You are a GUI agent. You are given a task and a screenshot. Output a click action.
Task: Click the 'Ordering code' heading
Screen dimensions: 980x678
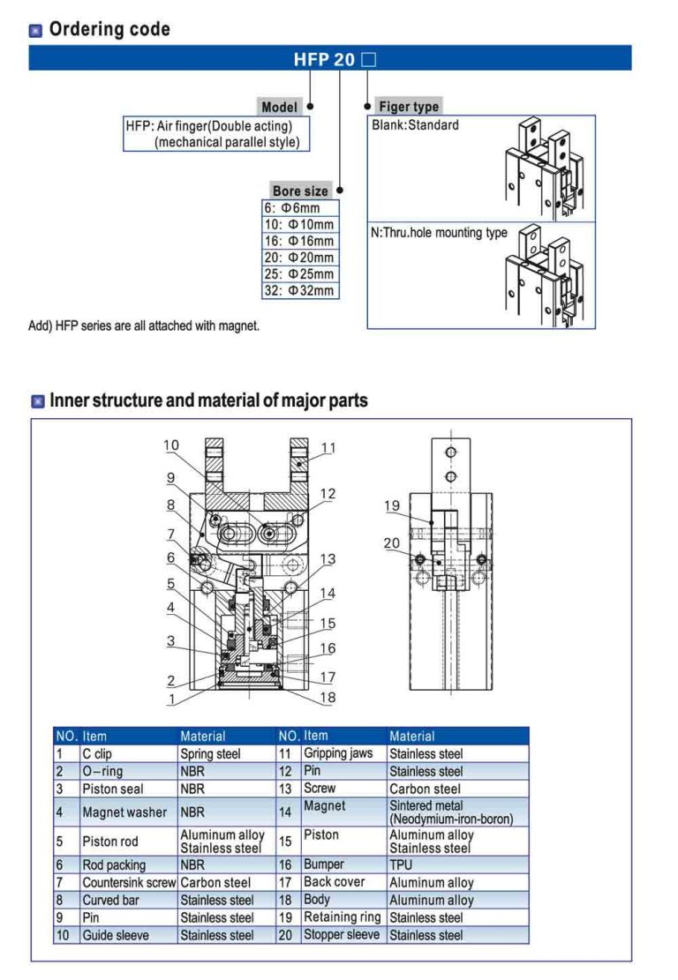[109, 29]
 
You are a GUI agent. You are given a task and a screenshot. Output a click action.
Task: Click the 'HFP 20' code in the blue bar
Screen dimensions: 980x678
[324, 60]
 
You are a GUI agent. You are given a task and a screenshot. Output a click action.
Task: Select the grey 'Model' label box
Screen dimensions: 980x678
[279, 107]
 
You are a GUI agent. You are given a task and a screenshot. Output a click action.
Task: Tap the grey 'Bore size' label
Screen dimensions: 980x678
[299, 191]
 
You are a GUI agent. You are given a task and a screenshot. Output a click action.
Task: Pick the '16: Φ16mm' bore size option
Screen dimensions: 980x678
[300, 241]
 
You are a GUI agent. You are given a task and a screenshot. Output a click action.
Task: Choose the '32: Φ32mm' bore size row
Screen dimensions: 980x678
[300, 290]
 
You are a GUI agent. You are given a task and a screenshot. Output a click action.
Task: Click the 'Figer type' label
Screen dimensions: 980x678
[408, 107]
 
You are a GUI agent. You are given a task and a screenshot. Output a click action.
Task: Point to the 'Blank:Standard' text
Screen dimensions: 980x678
[416, 125]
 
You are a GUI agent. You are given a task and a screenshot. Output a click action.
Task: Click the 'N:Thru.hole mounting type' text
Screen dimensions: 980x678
[439, 233]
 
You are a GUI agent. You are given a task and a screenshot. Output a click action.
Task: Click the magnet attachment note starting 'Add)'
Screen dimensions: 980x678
[145, 326]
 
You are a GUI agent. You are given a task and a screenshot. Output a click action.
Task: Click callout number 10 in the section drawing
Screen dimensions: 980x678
[171, 445]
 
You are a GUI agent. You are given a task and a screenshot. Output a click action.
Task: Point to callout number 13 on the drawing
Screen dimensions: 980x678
[328, 559]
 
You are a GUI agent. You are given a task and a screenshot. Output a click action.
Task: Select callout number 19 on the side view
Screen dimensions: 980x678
[392, 505]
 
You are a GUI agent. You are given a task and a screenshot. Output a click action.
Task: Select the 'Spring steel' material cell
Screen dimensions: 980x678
[210, 754]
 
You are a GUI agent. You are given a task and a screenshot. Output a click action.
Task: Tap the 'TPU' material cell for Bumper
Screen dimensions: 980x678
[401, 865]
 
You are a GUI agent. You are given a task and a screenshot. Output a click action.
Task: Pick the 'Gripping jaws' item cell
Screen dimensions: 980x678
[338, 753]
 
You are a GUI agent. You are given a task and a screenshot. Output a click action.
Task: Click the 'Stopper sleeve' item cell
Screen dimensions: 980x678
[342, 934]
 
